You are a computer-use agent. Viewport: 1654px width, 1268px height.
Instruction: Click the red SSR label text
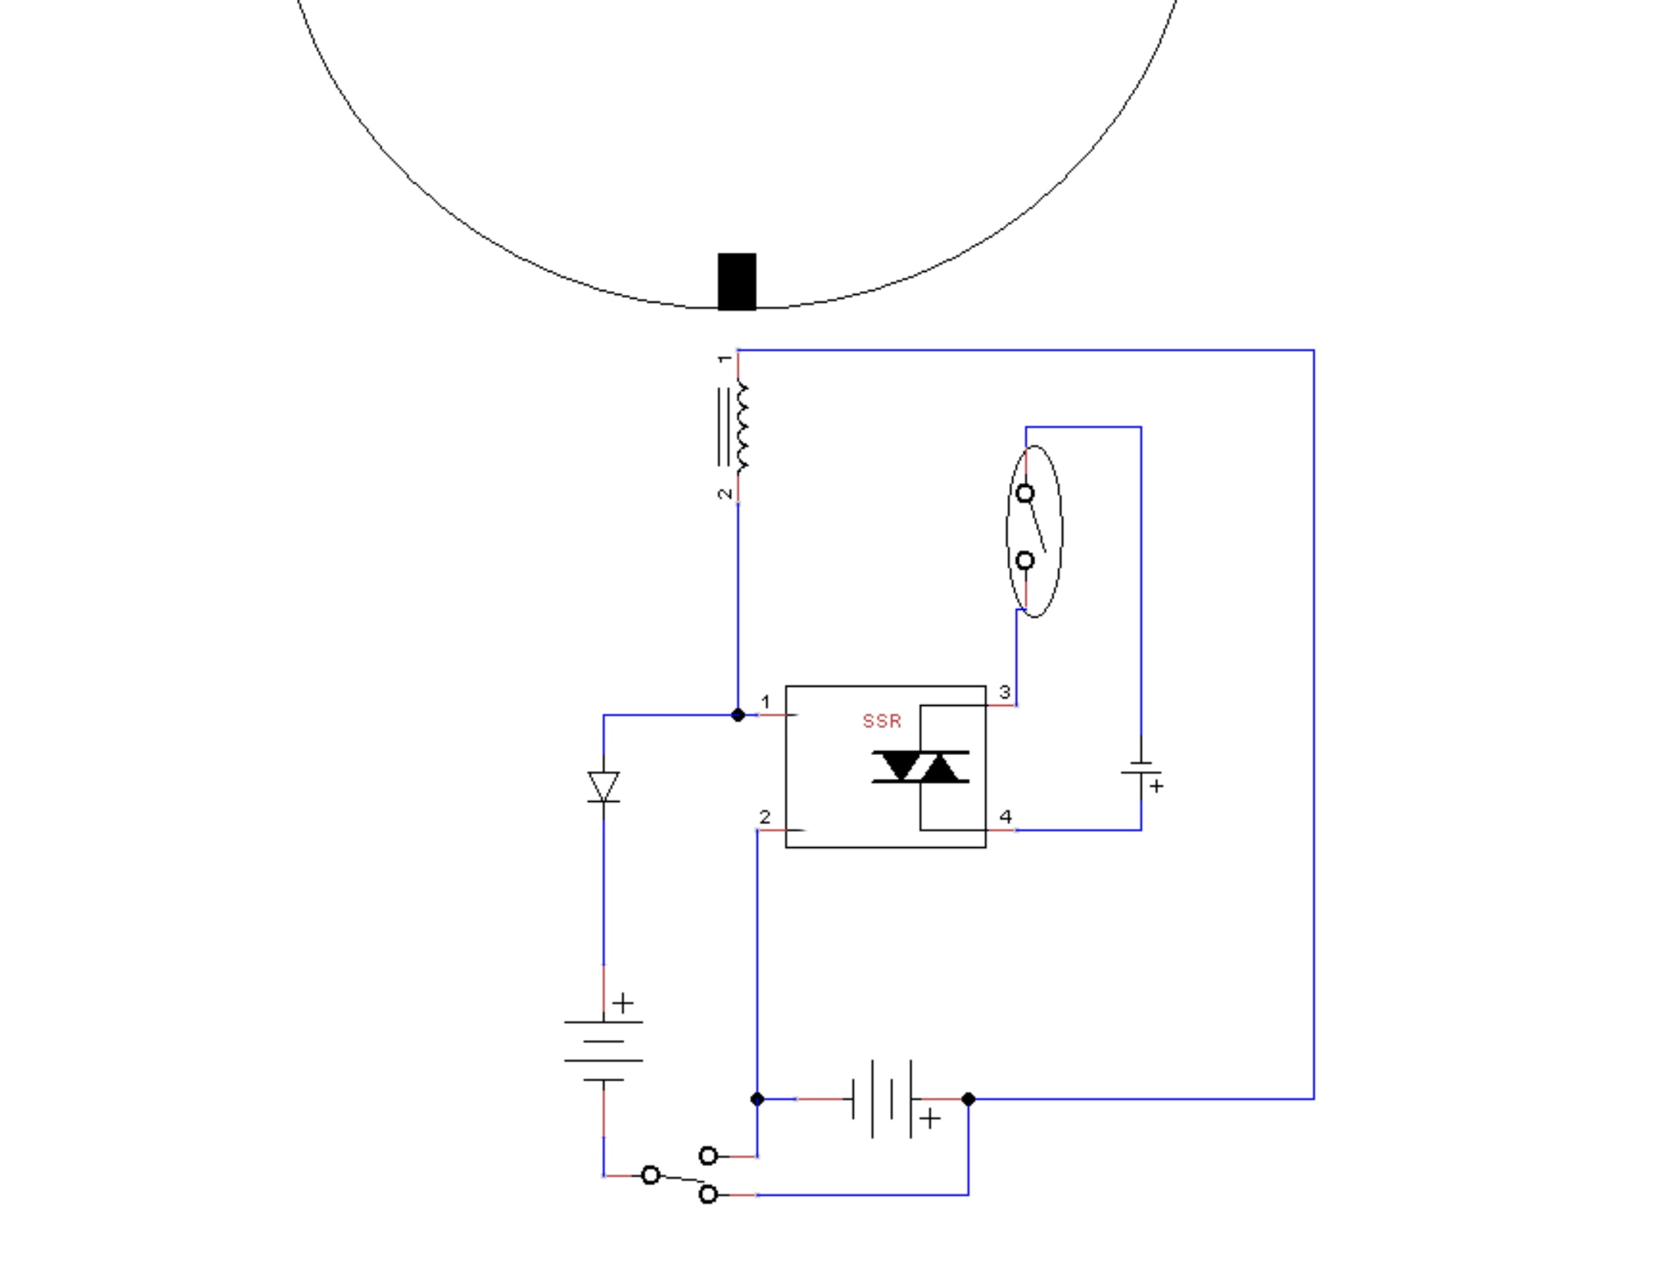point(882,721)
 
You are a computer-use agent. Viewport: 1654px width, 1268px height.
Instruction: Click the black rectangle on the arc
point(737,282)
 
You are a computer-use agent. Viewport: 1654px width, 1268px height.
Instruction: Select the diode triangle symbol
point(604,786)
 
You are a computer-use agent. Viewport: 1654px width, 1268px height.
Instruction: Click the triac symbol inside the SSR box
point(920,767)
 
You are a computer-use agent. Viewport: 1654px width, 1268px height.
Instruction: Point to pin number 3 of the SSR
point(1004,692)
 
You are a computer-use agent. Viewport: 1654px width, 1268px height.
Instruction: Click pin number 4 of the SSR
point(1005,816)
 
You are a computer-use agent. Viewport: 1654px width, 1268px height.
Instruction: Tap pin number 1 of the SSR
point(766,702)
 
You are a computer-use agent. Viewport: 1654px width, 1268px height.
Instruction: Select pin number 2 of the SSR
point(765,817)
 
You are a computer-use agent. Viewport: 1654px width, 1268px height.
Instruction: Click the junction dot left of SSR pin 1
point(738,715)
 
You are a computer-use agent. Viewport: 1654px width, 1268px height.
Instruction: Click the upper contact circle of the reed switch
point(1025,493)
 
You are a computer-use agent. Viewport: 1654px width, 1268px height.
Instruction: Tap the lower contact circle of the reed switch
point(1025,561)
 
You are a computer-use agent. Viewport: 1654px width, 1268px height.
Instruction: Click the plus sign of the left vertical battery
point(623,1003)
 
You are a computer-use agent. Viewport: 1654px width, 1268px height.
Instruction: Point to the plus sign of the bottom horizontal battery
point(930,1118)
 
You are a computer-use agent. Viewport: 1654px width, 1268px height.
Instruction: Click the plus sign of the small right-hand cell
point(1156,786)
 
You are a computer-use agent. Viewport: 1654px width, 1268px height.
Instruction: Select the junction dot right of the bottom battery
point(968,1099)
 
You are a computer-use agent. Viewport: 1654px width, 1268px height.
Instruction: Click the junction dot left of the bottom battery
point(757,1099)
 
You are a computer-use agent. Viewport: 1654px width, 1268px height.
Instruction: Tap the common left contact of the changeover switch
point(650,1175)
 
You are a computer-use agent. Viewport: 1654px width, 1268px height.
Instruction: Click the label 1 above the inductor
point(725,359)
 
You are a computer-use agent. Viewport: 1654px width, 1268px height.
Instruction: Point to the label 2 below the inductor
point(725,494)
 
